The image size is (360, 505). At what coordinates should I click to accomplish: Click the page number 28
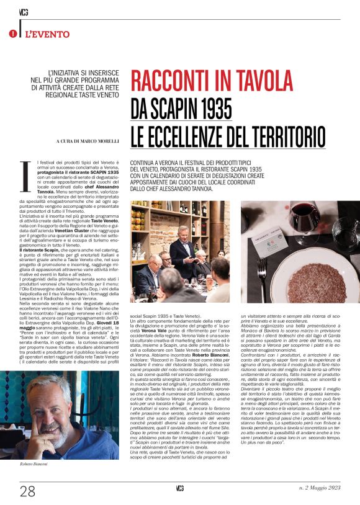click(27, 491)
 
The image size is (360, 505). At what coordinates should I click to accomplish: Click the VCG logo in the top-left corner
click(23, 10)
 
